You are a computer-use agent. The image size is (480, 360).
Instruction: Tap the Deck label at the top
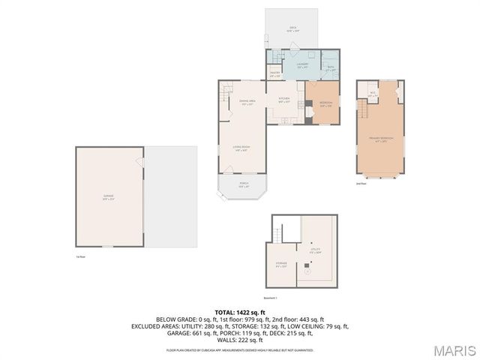tap(293, 28)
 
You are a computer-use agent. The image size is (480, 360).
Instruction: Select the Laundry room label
tap(302, 65)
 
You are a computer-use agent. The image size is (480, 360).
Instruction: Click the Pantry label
tap(275, 73)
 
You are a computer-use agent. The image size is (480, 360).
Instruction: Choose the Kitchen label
tap(284, 100)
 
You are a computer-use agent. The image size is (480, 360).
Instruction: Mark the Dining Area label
tap(247, 103)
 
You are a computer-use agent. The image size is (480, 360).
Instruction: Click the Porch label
tap(243, 184)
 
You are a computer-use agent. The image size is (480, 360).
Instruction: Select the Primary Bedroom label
tap(381, 139)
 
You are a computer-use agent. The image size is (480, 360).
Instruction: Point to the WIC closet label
tap(373, 94)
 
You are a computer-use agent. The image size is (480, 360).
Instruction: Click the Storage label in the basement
tap(281, 264)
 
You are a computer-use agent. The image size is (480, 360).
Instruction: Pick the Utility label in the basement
tap(316, 250)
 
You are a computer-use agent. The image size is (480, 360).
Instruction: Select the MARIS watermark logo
tap(454, 350)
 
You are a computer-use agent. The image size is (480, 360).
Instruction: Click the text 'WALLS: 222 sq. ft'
tap(240, 341)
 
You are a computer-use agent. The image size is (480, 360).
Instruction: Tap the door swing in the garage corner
tap(139, 162)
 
